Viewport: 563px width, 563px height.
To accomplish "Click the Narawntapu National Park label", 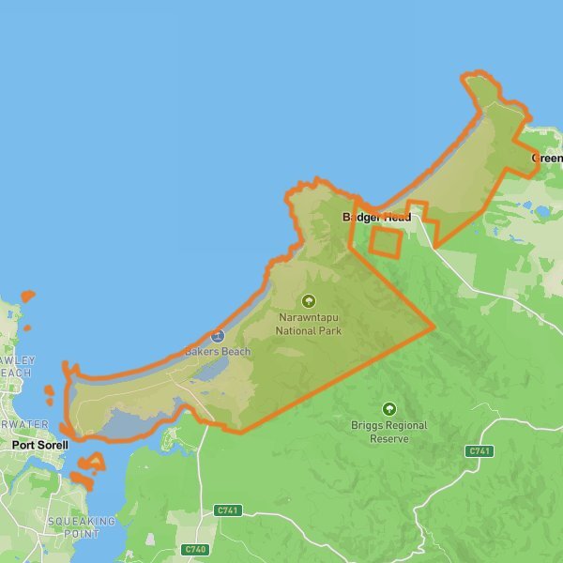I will click(309, 324).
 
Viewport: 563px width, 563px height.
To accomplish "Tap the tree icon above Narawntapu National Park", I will click(309, 301).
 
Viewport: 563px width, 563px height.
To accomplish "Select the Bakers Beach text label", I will click(217, 352).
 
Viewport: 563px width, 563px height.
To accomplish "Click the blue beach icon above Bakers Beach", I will click(218, 336).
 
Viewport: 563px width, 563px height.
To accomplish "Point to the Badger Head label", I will click(376, 217).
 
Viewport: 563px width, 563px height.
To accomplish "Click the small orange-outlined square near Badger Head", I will click(385, 241).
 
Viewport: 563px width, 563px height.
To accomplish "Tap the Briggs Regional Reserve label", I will click(389, 432).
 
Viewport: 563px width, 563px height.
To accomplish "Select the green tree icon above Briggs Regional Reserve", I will click(389, 409).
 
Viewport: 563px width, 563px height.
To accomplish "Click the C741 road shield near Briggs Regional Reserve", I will click(479, 451).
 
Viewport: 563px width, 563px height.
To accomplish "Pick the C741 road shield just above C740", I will click(227, 510).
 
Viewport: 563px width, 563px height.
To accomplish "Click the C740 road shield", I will click(195, 549).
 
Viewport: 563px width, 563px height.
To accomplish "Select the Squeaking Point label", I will click(81, 527).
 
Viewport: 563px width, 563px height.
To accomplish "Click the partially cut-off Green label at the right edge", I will click(547, 158).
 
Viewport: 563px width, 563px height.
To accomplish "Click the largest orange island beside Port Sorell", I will click(92, 464).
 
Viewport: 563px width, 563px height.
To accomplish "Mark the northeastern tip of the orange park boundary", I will click(479, 75).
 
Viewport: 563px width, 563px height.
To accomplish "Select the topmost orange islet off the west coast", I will click(28, 297).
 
